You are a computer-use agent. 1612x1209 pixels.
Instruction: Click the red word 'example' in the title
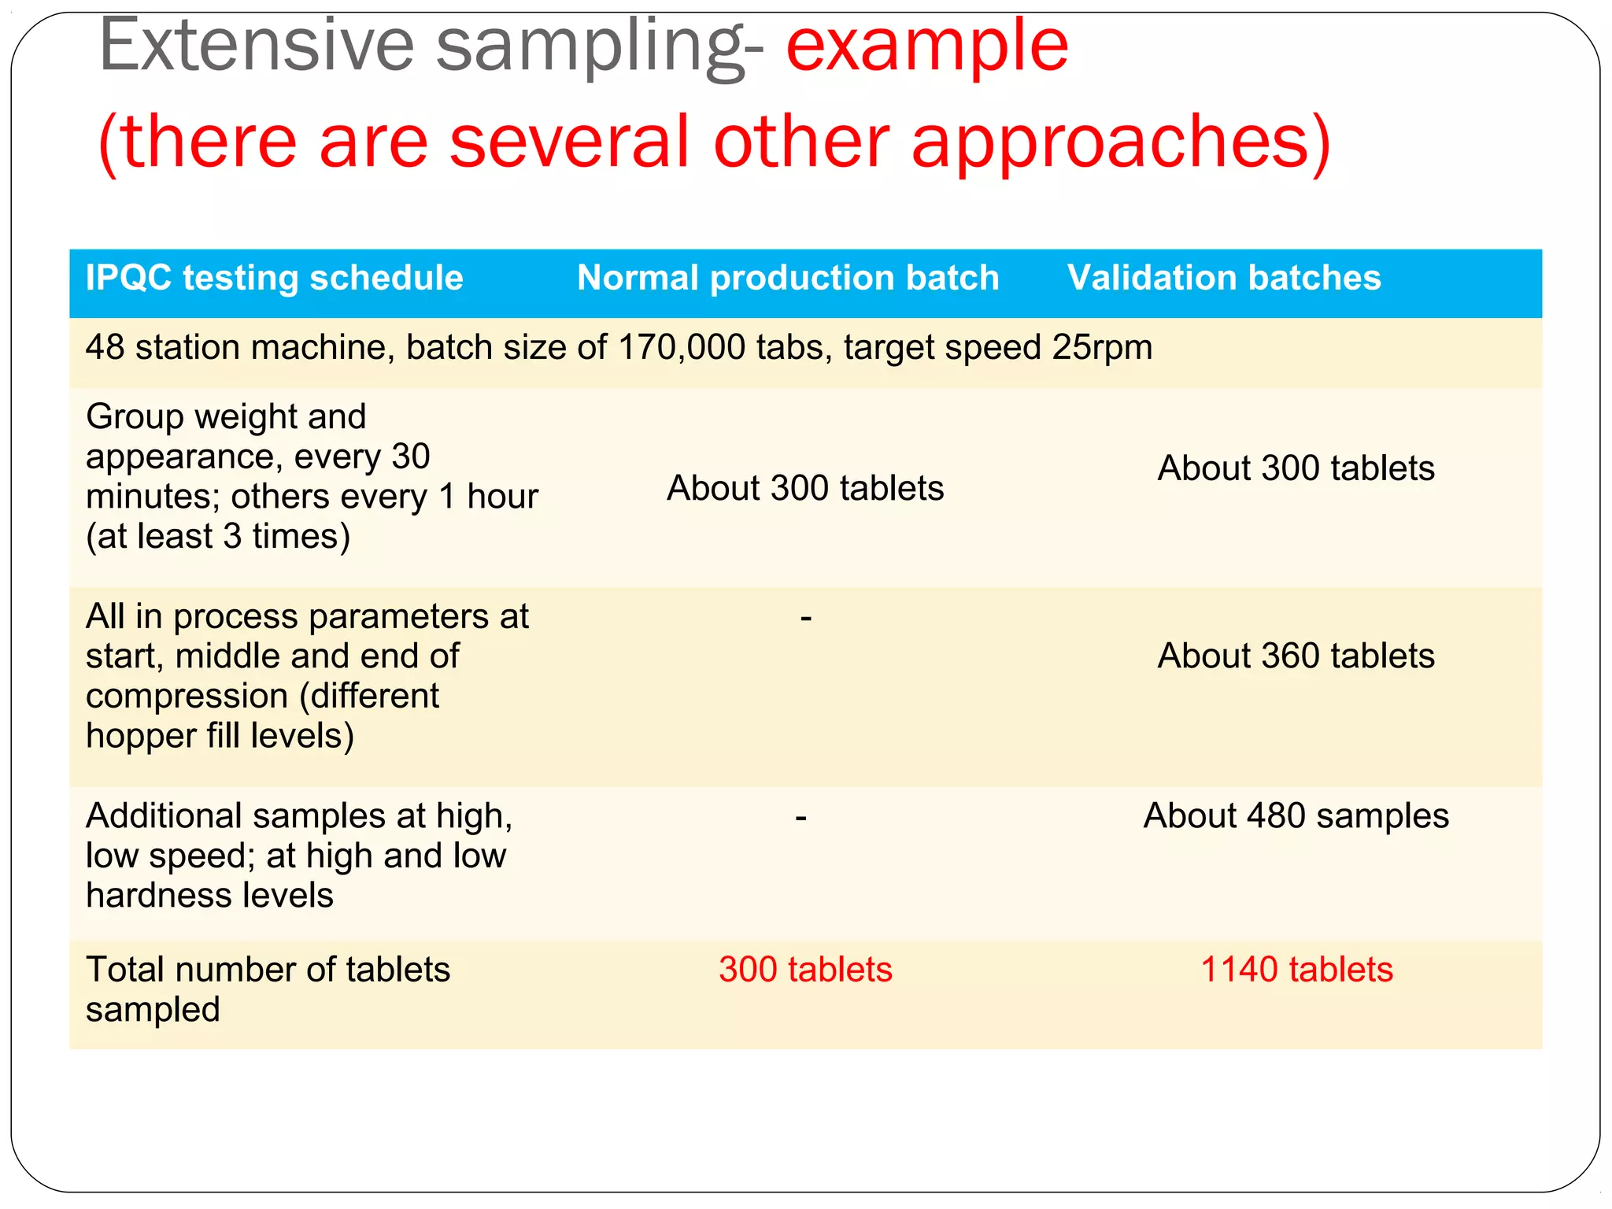click(926, 47)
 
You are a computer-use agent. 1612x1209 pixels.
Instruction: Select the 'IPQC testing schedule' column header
click(274, 278)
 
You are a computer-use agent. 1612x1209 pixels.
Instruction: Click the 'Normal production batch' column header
click(788, 278)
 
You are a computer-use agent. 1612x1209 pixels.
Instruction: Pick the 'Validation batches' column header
click(1224, 278)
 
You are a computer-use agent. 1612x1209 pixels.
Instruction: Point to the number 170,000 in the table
click(682, 347)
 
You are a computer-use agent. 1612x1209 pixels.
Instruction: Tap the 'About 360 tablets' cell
click(1296, 656)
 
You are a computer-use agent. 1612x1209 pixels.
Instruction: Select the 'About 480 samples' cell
click(1296, 816)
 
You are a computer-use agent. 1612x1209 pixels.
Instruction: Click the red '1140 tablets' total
click(1296, 970)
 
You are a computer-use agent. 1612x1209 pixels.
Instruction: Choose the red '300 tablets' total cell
click(805, 970)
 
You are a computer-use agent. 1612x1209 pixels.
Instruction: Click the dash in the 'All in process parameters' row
click(805, 619)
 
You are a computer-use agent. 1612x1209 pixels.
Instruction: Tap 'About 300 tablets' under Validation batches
click(1296, 468)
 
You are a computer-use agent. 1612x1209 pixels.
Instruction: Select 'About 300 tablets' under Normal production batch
click(805, 488)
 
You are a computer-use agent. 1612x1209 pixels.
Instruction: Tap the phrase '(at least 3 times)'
click(218, 537)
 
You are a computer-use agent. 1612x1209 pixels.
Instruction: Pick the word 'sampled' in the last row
click(153, 1010)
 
